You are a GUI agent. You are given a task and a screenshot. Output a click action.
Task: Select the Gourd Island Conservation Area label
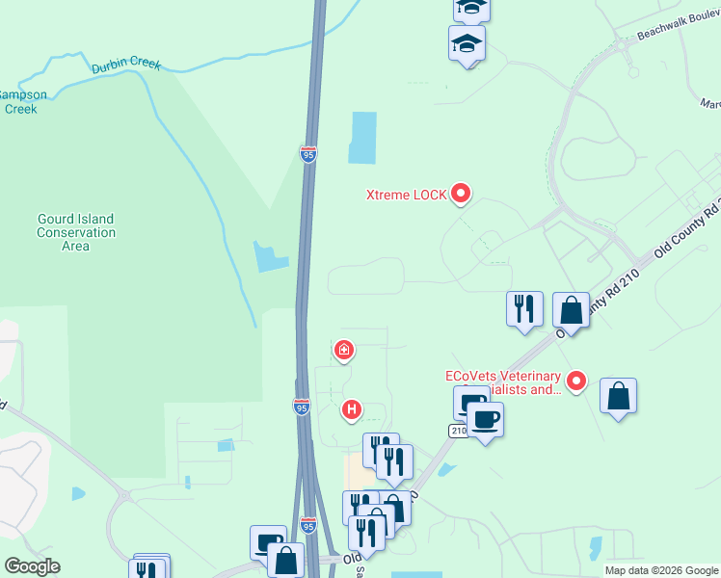(76, 232)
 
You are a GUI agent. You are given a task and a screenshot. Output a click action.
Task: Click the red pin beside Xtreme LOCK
(461, 194)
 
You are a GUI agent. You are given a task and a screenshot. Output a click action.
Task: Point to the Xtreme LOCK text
(406, 195)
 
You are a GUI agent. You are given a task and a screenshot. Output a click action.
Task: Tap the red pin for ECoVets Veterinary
(576, 381)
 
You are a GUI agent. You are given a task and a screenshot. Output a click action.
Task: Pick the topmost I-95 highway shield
(307, 154)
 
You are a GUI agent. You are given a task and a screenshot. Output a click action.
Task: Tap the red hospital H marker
(353, 410)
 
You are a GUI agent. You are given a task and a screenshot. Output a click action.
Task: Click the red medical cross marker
(343, 349)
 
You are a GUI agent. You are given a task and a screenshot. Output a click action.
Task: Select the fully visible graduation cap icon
(467, 43)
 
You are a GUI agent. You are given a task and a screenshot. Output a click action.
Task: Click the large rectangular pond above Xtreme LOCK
(362, 137)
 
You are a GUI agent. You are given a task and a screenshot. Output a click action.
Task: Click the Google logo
(32, 566)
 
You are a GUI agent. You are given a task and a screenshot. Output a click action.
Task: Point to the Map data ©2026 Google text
(660, 570)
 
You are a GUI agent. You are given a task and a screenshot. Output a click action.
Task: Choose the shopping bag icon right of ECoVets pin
(618, 396)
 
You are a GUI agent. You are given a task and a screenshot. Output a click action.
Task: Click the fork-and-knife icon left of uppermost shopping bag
(524, 309)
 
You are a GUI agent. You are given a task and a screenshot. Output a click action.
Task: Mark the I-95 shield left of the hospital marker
(302, 406)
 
